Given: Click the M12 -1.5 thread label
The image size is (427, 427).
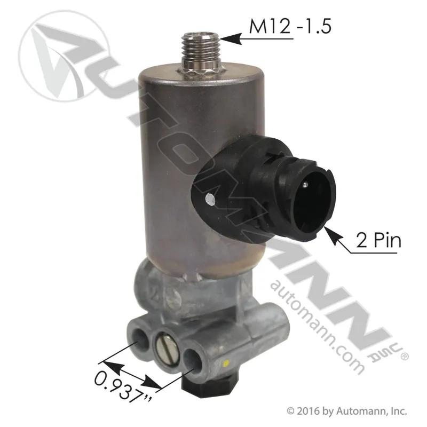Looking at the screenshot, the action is coord(290,27).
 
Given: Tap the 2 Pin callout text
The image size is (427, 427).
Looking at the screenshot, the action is coord(379,241).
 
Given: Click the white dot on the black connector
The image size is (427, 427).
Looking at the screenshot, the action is coord(210,199).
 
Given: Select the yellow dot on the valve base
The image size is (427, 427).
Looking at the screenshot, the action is coord(225,363).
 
